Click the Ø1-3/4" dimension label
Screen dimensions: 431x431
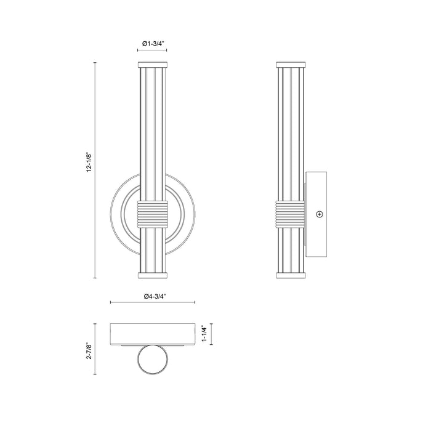click(152, 44)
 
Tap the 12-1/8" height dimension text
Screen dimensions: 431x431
click(87, 164)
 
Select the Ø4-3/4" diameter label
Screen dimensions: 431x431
click(153, 296)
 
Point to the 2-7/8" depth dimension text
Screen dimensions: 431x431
click(87, 350)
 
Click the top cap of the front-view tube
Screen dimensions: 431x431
click(152, 64)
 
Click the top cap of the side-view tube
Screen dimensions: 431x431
click(291, 64)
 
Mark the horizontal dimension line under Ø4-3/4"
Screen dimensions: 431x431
click(153, 302)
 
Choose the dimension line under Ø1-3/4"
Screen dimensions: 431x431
click(152, 52)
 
